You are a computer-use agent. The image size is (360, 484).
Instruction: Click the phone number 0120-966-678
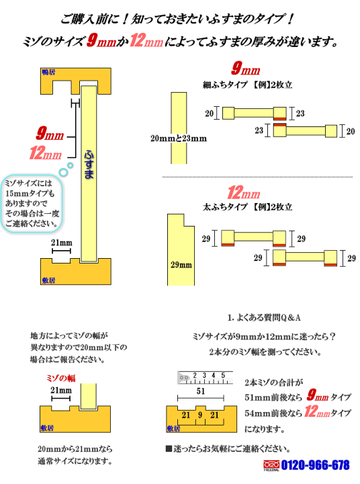315,465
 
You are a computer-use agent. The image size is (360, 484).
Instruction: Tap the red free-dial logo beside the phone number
271,465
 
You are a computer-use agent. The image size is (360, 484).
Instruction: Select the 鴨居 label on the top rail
48,72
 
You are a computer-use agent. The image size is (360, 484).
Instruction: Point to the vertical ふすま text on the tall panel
89,165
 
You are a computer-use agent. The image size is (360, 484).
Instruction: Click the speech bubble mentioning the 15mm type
32,203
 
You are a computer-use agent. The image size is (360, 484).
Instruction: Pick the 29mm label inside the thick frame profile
181,265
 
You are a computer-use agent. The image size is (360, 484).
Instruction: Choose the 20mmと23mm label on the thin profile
179,138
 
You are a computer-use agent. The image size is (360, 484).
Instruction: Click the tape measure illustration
205,378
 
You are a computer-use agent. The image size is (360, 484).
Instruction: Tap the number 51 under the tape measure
201,391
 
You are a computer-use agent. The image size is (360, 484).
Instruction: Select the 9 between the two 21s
200,415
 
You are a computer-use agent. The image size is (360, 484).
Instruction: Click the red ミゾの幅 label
60,378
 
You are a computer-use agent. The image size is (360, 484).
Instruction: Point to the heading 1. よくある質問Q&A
264,317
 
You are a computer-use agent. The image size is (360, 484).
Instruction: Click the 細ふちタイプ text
225,85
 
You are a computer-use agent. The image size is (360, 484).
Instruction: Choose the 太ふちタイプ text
225,206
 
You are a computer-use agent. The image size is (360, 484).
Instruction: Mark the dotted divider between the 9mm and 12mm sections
257,177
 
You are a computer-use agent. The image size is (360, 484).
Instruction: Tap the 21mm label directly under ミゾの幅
61,390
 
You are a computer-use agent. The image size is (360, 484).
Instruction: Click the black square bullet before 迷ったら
169,448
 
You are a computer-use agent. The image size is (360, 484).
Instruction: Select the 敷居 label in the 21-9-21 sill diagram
173,428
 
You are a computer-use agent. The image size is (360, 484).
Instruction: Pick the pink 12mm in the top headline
146,41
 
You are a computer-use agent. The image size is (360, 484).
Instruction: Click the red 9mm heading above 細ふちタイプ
246,69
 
